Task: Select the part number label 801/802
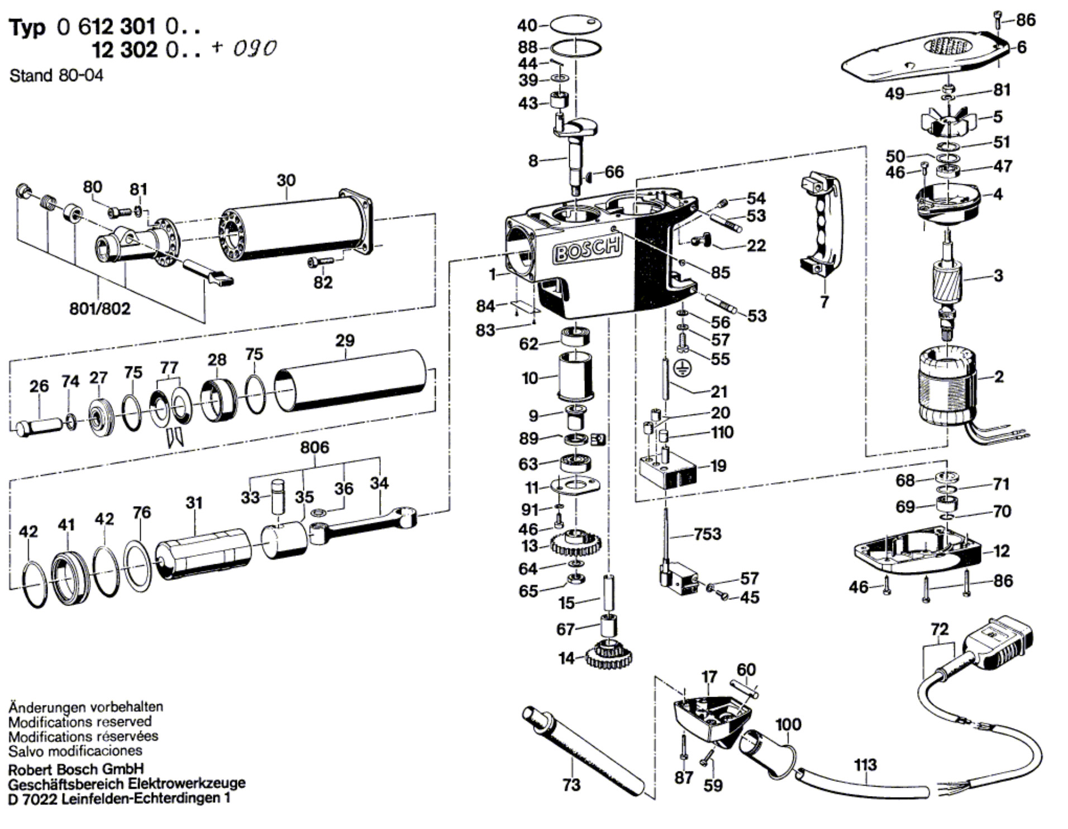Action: click(x=99, y=308)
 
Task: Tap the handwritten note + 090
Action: click(x=245, y=49)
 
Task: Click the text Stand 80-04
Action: click(x=56, y=76)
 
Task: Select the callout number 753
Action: click(x=707, y=534)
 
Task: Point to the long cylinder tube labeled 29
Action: click(x=351, y=381)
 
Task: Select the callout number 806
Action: click(x=314, y=447)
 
